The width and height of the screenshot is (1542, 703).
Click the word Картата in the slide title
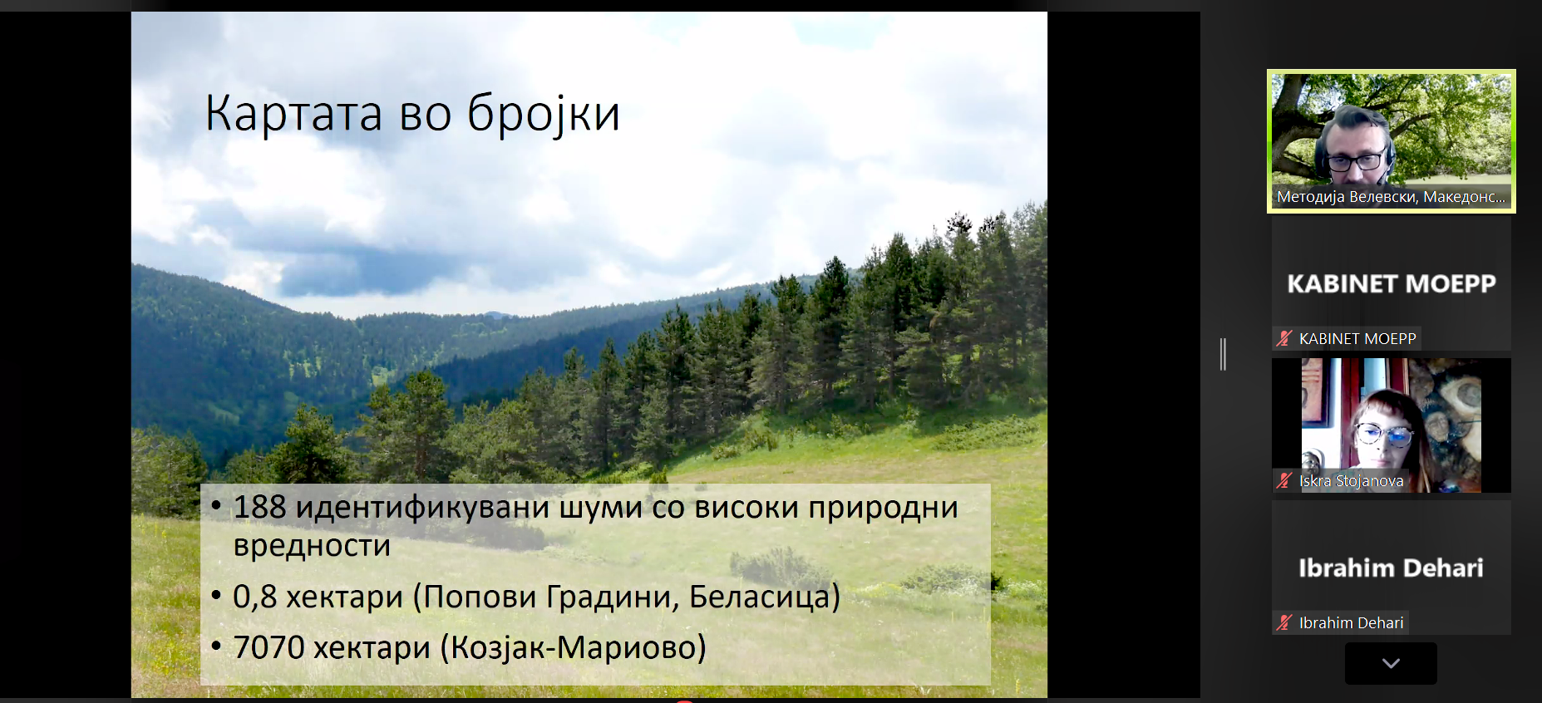point(293,113)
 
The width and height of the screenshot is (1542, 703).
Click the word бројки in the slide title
point(544,115)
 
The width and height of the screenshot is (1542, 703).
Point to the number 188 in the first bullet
point(259,507)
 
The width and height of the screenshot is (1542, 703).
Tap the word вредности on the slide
point(312,545)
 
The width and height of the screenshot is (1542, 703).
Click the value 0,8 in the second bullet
point(254,597)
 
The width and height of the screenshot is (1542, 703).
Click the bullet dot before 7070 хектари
point(216,646)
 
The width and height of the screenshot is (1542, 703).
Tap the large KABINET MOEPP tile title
point(1392,284)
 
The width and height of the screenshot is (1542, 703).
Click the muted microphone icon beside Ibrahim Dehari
point(1285,622)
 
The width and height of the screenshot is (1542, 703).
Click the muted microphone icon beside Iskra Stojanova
point(1285,480)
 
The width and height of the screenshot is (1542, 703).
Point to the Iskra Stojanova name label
point(1351,480)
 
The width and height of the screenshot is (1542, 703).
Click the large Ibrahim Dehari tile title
point(1391,568)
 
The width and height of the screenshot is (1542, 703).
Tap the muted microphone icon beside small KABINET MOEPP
point(1285,338)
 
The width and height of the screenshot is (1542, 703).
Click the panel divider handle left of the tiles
point(1223,354)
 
